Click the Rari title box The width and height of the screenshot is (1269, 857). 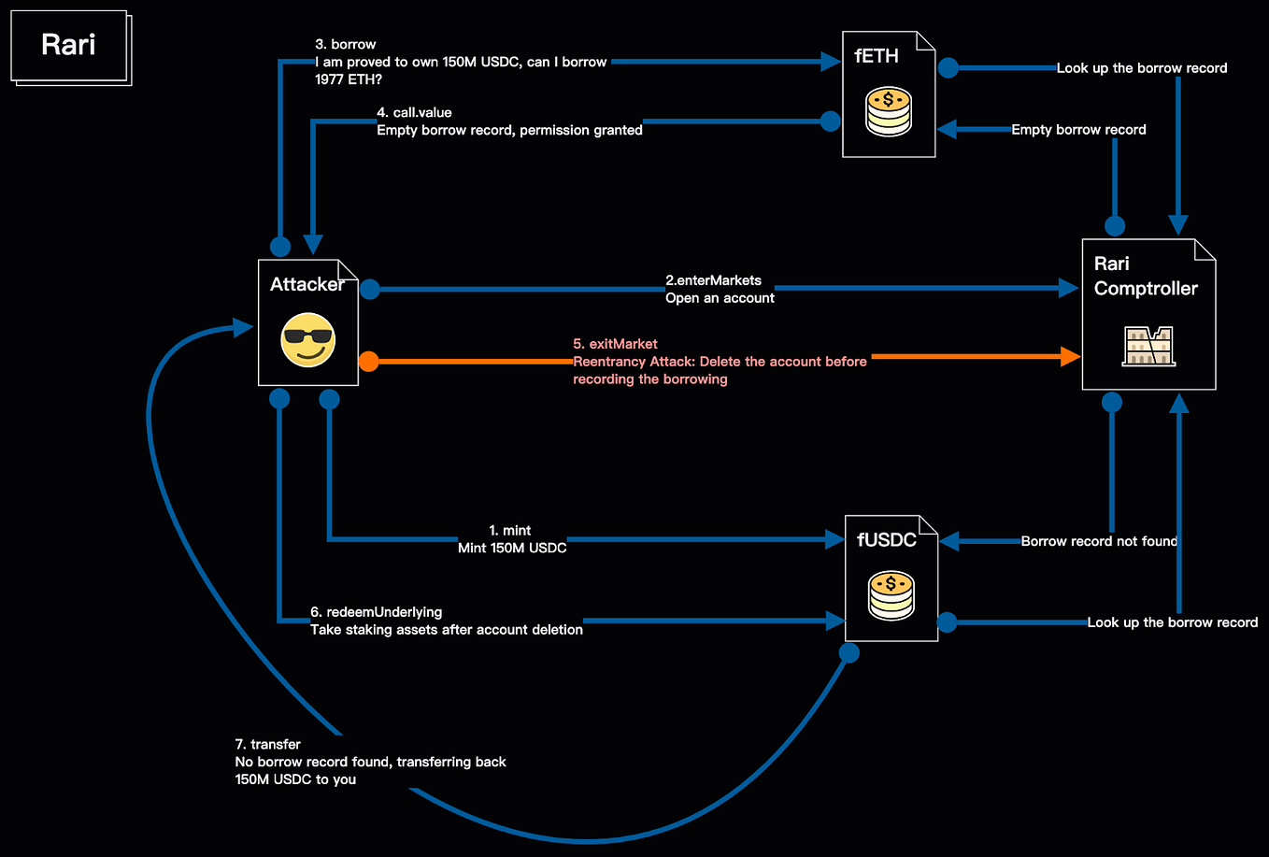point(68,45)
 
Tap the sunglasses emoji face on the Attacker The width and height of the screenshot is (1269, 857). point(307,339)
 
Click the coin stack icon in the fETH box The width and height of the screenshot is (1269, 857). point(888,111)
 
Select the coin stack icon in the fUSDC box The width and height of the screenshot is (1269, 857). point(891,595)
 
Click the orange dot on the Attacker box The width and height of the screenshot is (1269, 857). point(369,361)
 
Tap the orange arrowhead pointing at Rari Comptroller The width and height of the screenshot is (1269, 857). point(1069,356)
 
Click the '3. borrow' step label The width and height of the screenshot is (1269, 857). point(346,44)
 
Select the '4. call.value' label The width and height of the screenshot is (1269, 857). point(414,112)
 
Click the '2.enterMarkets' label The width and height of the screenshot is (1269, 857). point(713,280)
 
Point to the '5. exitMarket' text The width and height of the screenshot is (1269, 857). point(615,344)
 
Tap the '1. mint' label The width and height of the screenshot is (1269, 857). point(510,530)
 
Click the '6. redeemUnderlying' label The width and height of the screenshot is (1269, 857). point(377,612)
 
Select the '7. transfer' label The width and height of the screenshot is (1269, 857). point(267,744)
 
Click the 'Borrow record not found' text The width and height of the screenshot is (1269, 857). point(1099,541)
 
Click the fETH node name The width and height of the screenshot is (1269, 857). point(877,56)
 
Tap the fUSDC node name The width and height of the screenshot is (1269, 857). point(887,540)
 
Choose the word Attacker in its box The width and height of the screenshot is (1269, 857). point(307,284)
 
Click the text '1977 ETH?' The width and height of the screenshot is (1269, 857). point(349,79)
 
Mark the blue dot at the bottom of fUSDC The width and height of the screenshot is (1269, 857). point(848,652)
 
